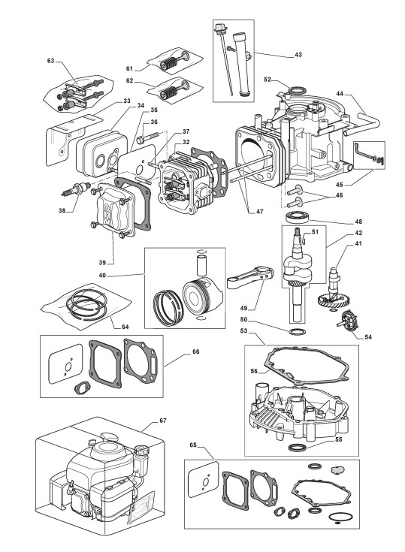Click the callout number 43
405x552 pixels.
[x=298, y=55]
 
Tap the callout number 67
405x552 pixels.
[x=163, y=421]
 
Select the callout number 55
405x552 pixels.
[x=338, y=439]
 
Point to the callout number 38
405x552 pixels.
[x=62, y=211]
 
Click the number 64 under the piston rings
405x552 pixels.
[x=125, y=327]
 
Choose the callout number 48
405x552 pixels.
[x=358, y=222]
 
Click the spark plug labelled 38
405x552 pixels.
[x=75, y=189]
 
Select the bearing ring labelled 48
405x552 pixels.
[x=298, y=216]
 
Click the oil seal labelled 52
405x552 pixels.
[x=296, y=91]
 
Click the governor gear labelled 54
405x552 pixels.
[x=349, y=321]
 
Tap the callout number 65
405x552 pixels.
[x=193, y=445]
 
